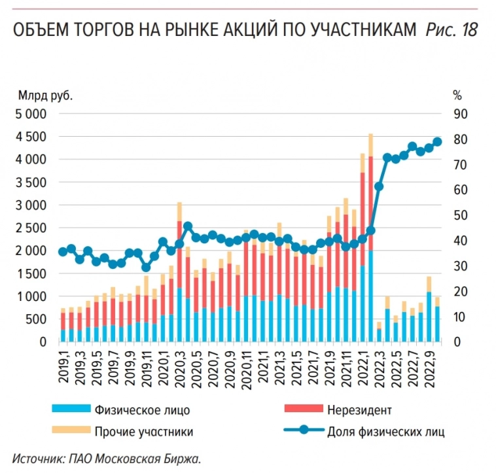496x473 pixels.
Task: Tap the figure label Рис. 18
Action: pos(452,30)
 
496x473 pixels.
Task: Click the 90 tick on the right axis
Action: pos(461,114)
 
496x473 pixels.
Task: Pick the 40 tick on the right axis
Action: pos(461,241)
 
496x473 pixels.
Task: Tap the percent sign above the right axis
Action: pos(457,96)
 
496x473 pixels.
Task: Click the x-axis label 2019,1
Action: pos(63,365)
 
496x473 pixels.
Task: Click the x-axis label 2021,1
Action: pos(262,365)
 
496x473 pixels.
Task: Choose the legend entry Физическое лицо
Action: pos(142,410)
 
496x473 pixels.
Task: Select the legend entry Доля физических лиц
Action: pos(386,431)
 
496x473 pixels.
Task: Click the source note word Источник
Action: pos(37,458)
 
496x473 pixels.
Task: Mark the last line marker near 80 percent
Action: pos(438,142)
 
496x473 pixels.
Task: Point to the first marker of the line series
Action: pos(63,252)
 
